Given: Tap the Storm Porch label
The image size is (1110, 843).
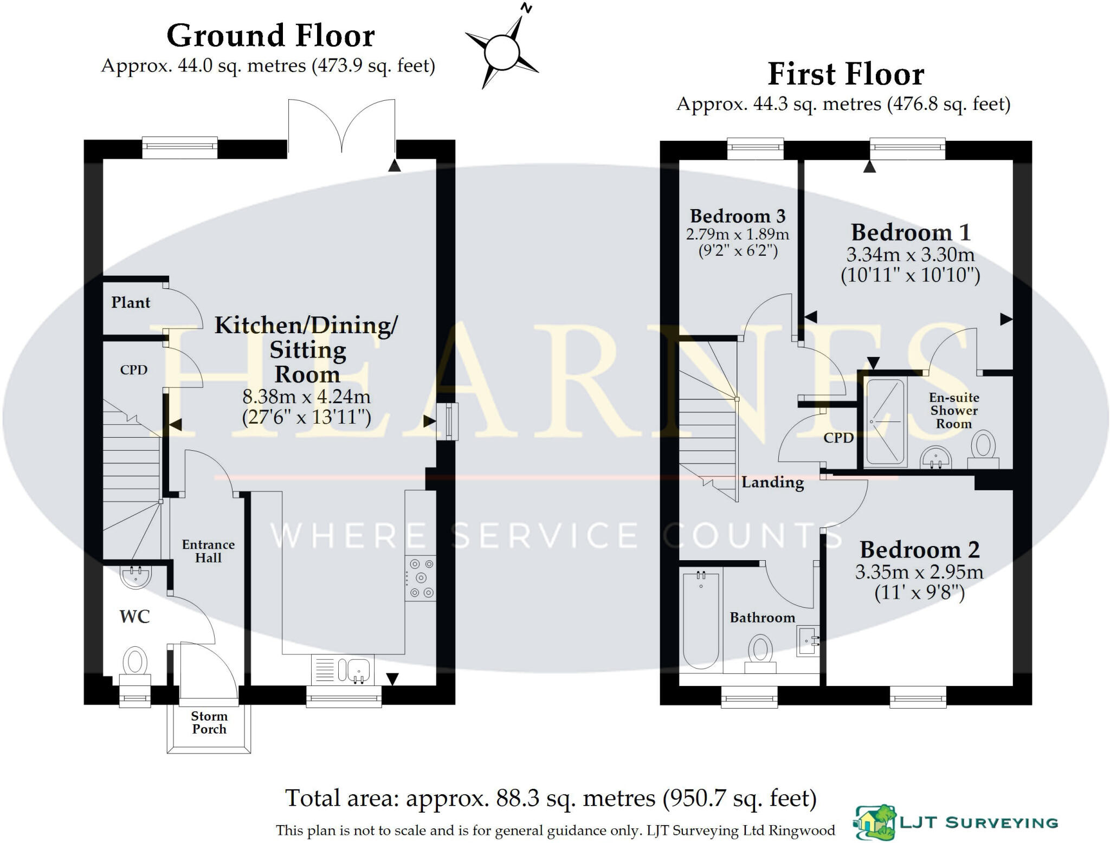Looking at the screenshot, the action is click(x=209, y=723).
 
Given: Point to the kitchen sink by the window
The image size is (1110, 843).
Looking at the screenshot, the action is click(x=353, y=670).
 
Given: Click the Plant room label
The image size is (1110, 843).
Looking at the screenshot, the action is click(x=131, y=302).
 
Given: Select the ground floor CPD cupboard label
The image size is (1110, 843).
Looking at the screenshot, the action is click(x=133, y=370).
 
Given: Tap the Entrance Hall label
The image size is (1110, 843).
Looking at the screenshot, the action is click(x=208, y=551).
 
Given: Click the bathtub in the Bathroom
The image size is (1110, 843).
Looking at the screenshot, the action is click(x=701, y=619).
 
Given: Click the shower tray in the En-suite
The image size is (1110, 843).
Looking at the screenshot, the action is click(x=885, y=423).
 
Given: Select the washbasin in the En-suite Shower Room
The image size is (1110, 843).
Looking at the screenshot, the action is click(x=936, y=457).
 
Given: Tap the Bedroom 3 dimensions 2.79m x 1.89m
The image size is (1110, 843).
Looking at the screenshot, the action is click(x=737, y=235).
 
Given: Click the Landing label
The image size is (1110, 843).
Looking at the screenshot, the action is click(x=772, y=482).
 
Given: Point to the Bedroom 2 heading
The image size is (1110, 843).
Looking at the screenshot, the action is click(x=919, y=549).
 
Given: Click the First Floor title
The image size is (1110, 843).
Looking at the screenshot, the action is click(x=846, y=74).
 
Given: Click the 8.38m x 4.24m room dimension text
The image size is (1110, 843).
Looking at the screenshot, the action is click(x=306, y=397).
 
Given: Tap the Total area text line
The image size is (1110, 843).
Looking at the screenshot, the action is click(x=550, y=798).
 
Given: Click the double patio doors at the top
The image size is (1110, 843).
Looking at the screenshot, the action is click(x=341, y=126).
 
